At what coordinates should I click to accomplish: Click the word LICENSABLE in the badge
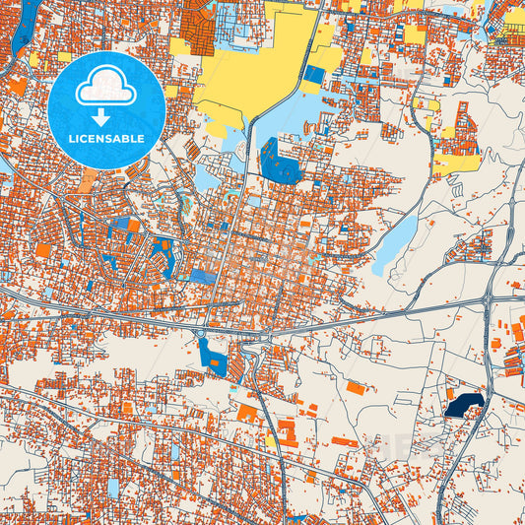[106, 139]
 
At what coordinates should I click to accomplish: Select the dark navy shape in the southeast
[463, 405]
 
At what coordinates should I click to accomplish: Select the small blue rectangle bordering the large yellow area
[314, 74]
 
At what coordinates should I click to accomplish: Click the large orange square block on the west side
[43, 251]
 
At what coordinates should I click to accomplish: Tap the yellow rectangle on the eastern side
[454, 164]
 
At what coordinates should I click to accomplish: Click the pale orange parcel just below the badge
[89, 180]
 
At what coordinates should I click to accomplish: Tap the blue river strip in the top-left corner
[29, 20]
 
